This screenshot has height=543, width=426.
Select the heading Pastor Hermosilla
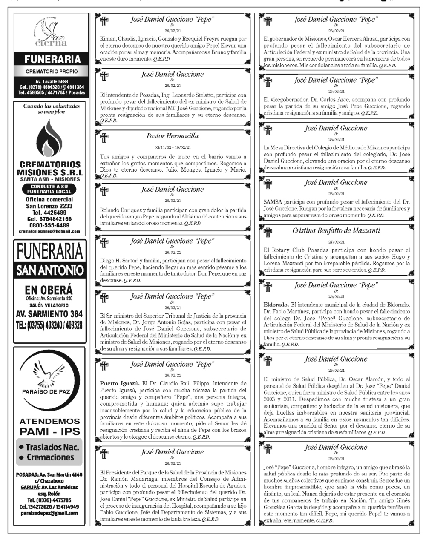tap(172, 136)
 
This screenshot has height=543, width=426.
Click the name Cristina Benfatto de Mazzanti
tap(336, 231)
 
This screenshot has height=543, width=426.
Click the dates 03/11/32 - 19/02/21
tap(172, 147)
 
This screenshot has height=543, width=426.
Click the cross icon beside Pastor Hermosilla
tap(103, 137)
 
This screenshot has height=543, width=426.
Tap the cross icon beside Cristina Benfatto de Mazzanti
tap(268, 233)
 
